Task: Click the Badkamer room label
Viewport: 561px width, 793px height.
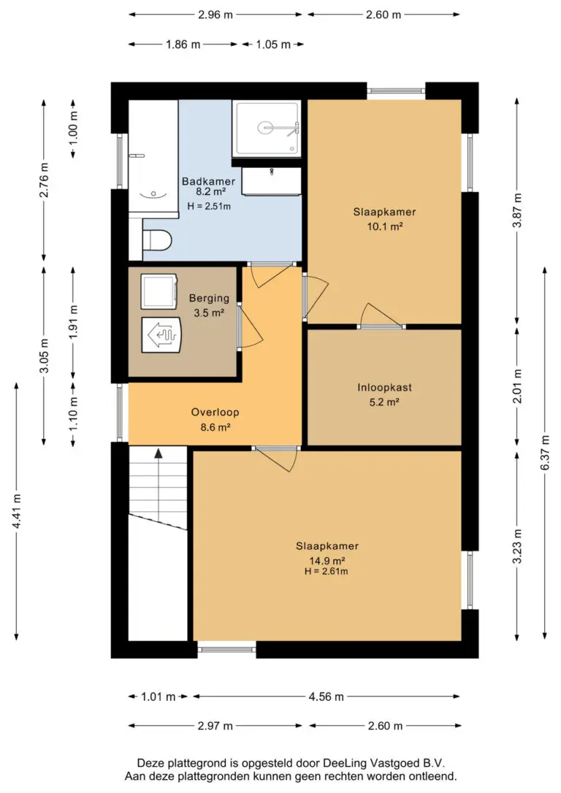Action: click(x=208, y=181)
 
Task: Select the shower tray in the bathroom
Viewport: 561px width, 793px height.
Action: click(x=267, y=129)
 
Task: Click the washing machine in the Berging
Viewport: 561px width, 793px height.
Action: click(x=159, y=291)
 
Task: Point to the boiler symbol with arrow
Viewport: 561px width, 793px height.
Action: click(x=161, y=335)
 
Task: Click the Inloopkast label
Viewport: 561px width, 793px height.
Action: click(x=384, y=388)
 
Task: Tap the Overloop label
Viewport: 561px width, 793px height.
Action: click(x=215, y=412)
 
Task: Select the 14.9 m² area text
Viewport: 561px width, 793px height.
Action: click(x=327, y=560)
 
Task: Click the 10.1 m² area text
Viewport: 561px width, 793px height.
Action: click(x=384, y=226)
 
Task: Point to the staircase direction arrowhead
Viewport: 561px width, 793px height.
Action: click(x=159, y=453)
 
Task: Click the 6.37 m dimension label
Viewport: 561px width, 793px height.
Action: click(x=545, y=453)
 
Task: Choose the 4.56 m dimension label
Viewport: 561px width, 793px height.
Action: click(x=327, y=697)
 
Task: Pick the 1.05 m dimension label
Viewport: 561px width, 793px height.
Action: click(x=273, y=45)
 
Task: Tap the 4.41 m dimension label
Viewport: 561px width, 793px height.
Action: click(x=17, y=511)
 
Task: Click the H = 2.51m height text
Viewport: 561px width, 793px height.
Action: click(x=209, y=206)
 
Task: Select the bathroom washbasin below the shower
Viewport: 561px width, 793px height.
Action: click(x=271, y=181)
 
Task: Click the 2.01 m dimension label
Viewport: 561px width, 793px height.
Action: click(x=517, y=386)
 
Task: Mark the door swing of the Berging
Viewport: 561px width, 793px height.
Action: click(x=251, y=326)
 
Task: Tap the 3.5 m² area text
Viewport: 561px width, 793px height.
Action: click(x=209, y=313)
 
